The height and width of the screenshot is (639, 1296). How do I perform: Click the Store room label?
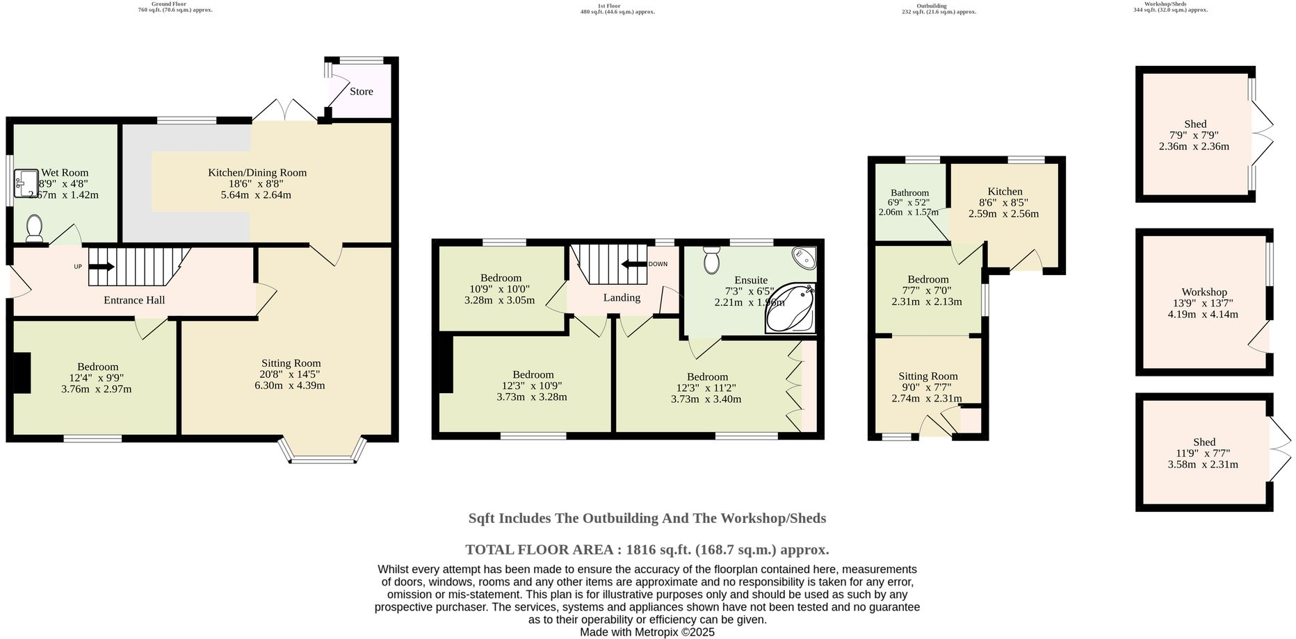coord(361,92)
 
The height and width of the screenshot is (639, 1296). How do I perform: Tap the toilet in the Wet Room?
coord(34,227)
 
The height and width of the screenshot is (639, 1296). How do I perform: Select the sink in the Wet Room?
coord(25,183)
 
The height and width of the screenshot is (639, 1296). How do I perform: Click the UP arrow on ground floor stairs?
coord(102,266)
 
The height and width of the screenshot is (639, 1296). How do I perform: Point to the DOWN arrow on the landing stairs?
coord(634,264)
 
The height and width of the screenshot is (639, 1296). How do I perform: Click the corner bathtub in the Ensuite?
coord(790,308)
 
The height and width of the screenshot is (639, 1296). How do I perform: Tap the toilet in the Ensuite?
coord(711,260)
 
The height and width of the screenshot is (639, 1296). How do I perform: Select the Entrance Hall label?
coord(134,300)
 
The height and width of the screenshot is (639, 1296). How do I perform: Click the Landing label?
coord(622,297)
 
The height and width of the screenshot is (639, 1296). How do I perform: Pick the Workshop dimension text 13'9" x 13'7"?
coord(1204,303)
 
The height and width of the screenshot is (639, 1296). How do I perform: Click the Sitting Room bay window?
coord(321,458)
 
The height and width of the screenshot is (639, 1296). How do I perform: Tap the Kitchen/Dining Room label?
coord(257,172)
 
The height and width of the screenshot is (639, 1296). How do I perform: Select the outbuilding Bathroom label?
coord(909,193)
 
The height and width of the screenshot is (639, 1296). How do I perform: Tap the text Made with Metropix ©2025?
coord(647,632)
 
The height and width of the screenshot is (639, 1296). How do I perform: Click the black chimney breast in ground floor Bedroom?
coord(23,373)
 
